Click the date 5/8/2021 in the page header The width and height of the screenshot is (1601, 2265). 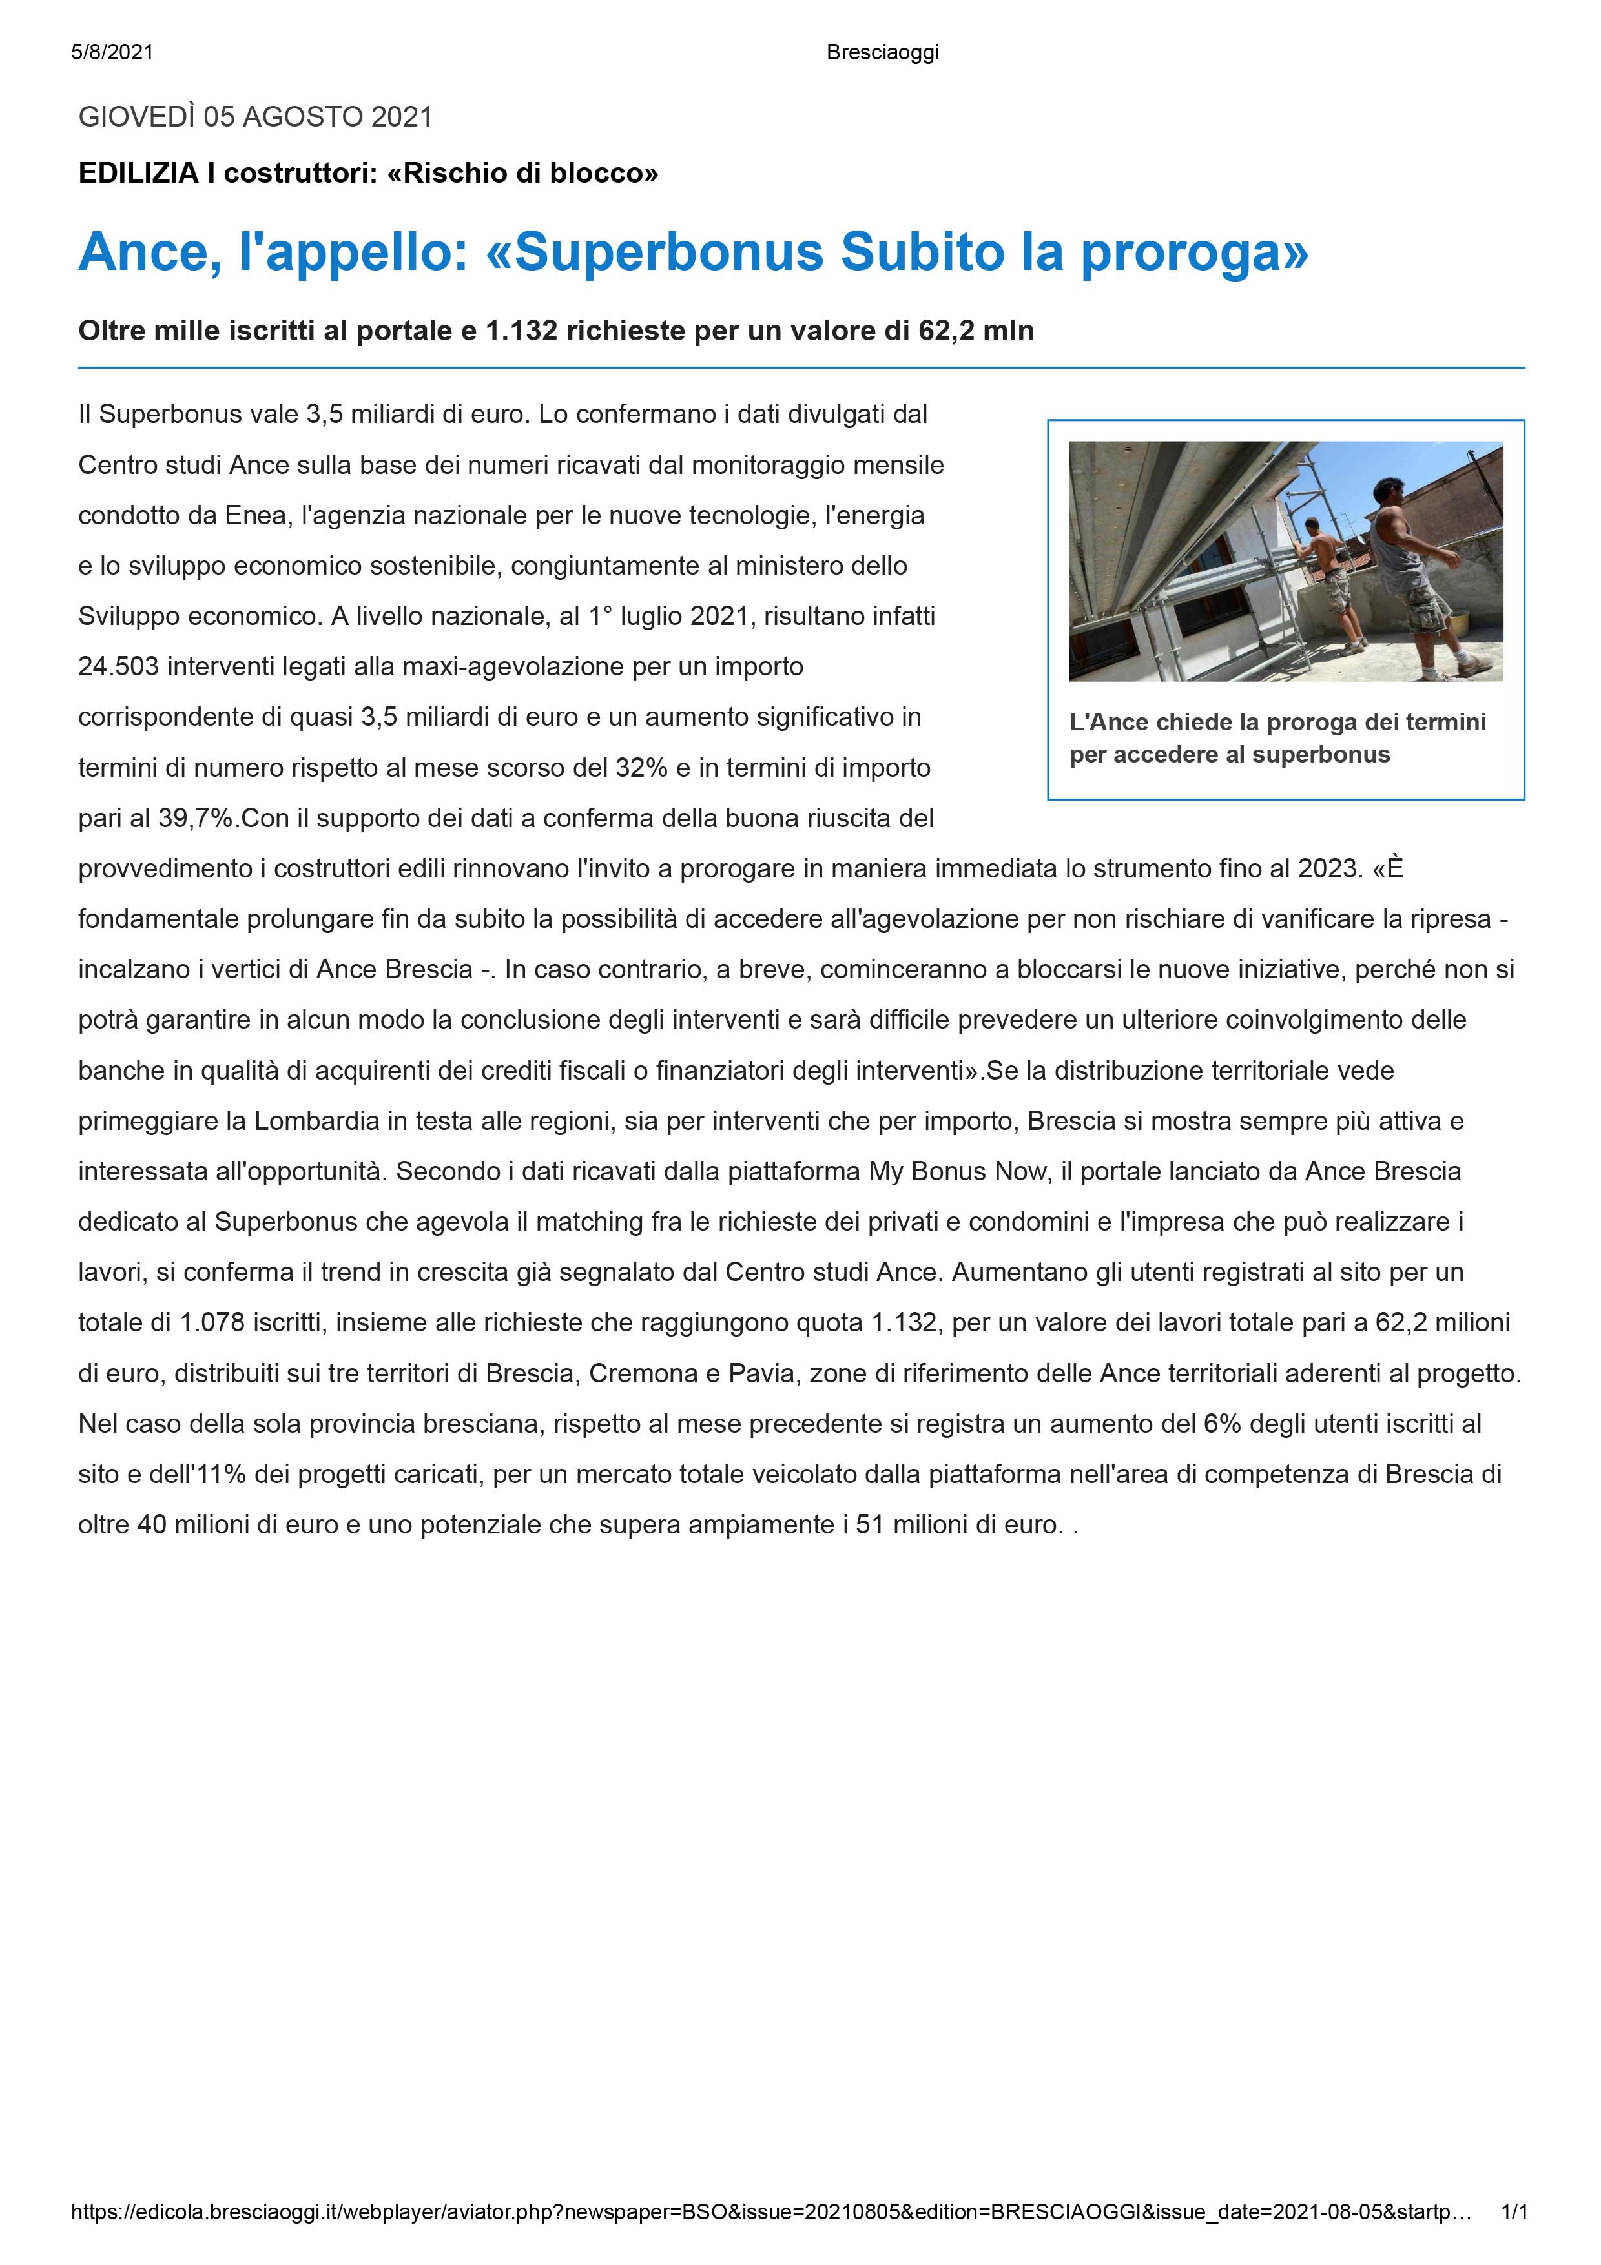coord(112,52)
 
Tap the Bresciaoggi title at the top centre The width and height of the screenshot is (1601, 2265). coord(882,52)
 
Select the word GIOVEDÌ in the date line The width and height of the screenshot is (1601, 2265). coord(136,118)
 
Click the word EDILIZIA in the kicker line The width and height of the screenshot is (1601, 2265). coord(138,174)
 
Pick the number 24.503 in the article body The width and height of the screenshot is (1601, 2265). coord(118,667)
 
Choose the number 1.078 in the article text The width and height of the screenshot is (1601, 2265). coord(212,1323)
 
